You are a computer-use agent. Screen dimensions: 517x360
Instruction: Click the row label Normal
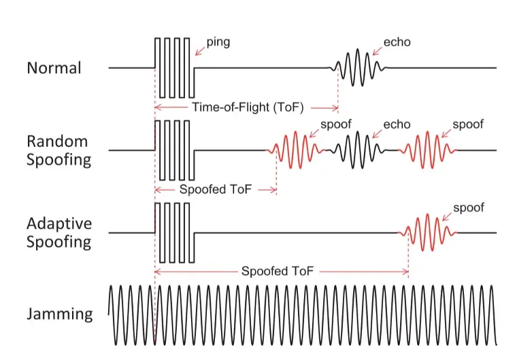coord(54,68)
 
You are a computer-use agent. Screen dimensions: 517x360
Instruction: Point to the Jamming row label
coord(60,314)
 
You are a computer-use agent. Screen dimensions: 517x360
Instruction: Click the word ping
coord(218,42)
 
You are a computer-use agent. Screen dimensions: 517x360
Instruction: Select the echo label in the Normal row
coord(397,42)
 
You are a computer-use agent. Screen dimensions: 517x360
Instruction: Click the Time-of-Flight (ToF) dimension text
coord(247,107)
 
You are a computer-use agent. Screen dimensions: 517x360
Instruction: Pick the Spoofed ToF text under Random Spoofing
coord(216,190)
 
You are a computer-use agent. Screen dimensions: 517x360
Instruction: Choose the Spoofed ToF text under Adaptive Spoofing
coord(278,271)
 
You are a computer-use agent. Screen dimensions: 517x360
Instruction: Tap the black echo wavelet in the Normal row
coord(359,68)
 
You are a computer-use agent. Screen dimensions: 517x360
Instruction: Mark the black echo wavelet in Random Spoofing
coord(358,150)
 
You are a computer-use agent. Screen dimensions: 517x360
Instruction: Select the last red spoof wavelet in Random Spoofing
coord(430,150)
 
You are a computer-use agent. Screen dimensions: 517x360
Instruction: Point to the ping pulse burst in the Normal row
coord(174,67)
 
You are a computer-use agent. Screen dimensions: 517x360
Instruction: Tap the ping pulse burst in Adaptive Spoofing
coord(174,232)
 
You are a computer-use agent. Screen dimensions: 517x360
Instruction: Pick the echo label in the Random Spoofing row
coord(397,124)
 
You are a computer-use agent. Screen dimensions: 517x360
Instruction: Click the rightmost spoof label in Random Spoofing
coord(468,124)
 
